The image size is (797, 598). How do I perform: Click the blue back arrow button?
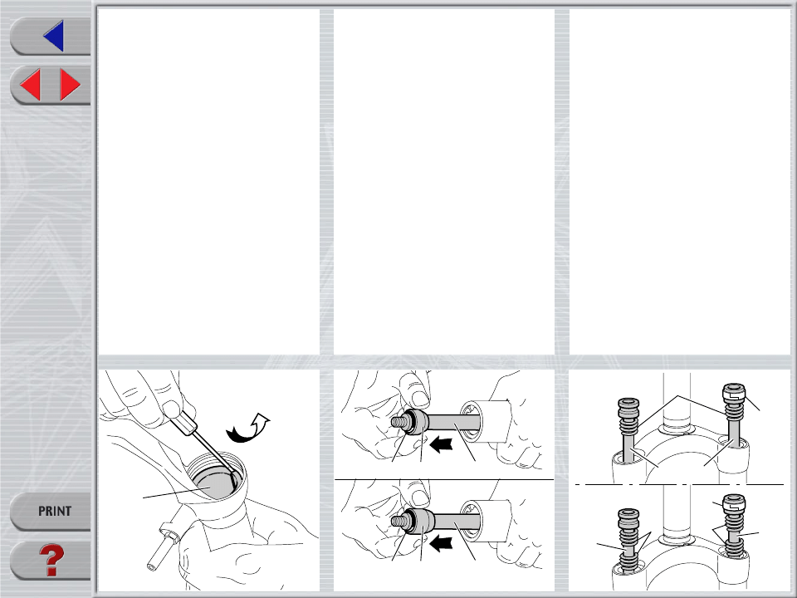(x=54, y=36)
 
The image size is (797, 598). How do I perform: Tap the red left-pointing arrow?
(x=30, y=85)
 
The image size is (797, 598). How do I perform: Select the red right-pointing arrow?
(x=70, y=85)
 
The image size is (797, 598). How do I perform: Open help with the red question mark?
(x=51, y=561)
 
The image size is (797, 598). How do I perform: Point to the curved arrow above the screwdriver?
(x=247, y=429)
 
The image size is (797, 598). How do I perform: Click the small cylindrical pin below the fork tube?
(x=163, y=549)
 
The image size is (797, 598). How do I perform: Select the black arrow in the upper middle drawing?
(x=441, y=444)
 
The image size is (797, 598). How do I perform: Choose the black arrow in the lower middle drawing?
(x=441, y=543)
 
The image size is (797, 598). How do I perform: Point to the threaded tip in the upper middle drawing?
(x=398, y=422)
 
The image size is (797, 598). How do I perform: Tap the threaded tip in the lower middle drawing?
(x=398, y=521)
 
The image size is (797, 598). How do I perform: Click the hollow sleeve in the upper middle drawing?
(x=486, y=422)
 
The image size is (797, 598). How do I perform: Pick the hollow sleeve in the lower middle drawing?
(x=486, y=521)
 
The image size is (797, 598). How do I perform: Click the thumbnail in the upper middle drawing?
(x=418, y=398)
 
